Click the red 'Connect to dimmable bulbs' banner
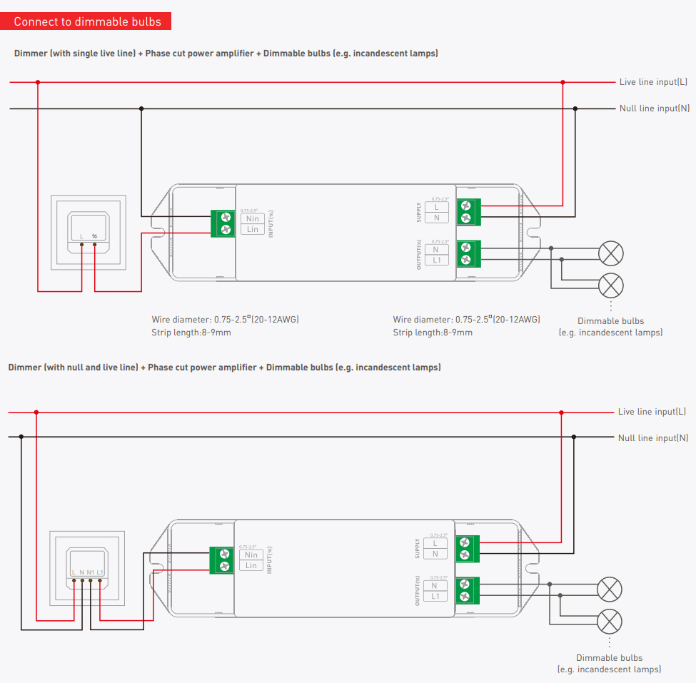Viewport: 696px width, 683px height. tap(88, 21)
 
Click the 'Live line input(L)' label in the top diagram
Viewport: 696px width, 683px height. tap(653, 82)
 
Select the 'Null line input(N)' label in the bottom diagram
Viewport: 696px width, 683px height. tap(653, 437)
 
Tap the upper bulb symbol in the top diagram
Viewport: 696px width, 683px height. tap(610, 253)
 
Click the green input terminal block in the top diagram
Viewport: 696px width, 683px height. tap(224, 223)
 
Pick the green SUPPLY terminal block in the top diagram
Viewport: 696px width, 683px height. tap(468, 211)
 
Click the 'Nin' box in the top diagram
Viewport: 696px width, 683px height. tap(252, 218)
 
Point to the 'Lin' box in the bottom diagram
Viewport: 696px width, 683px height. tap(251, 565)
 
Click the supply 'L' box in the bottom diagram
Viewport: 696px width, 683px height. tap(435, 544)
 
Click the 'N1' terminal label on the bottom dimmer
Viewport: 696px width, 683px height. tap(91, 572)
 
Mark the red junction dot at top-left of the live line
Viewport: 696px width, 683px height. tap(38, 82)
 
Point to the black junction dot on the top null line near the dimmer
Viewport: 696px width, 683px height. tap(141, 108)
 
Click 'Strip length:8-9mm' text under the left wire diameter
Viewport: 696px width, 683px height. tap(191, 333)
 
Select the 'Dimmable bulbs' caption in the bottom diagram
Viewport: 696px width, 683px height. tap(609, 658)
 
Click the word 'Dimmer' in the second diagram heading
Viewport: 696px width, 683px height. tap(24, 368)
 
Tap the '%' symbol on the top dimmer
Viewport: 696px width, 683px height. tap(94, 236)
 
